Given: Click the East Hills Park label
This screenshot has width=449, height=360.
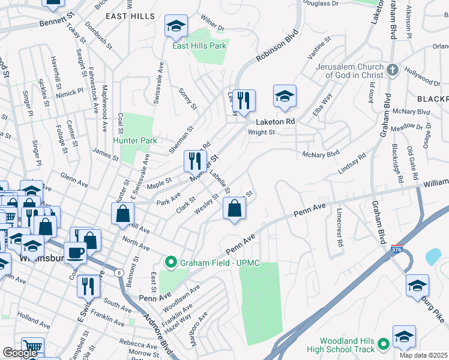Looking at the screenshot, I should click(200, 45).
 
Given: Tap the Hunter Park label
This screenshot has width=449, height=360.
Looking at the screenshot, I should click(134, 140).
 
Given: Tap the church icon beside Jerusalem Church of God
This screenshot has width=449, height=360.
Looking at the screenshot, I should click(393, 70).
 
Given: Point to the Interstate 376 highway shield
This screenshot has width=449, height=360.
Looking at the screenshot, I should click(396, 249).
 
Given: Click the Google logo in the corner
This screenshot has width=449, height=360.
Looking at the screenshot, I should click(20, 353).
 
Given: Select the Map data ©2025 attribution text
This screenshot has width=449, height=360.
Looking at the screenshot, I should click(424, 355).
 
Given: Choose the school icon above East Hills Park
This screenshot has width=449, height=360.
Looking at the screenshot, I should click(176, 26).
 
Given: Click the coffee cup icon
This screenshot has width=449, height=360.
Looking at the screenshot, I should click(75, 252).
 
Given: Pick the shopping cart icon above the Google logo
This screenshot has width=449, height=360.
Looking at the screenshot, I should click(32, 347).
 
